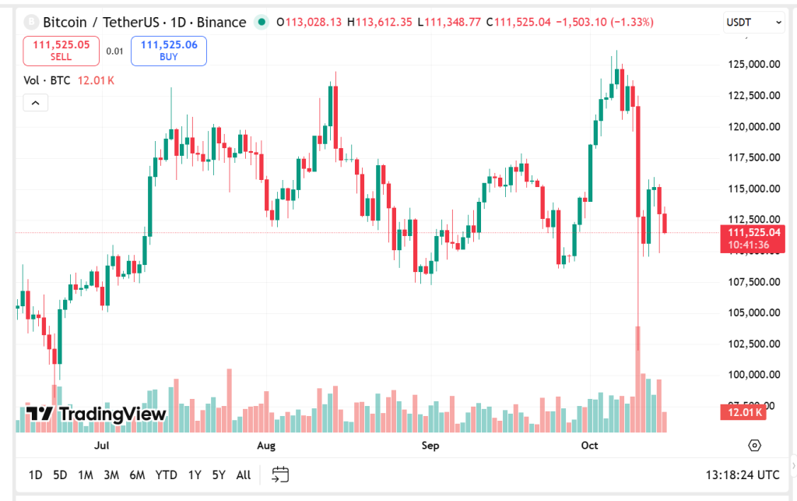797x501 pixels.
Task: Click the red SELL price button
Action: pos(61,51)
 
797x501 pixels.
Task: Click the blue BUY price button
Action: pos(169,51)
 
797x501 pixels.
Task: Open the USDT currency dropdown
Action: pos(753,23)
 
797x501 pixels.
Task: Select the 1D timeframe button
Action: pos(36,475)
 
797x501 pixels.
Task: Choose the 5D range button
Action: pos(60,475)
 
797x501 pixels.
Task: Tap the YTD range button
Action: pos(166,475)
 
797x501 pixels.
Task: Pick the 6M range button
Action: pos(137,475)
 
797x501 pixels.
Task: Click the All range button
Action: pos(244,475)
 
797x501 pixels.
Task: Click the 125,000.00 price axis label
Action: pos(753,64)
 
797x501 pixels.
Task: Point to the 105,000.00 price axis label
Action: pos(753,312)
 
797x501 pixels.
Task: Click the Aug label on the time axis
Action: pos(266,446)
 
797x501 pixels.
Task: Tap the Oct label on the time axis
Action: pos(589,446)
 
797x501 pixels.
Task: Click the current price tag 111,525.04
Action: pos(753,232)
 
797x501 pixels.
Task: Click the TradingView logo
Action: pos(96,414)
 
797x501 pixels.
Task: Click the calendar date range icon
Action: pos(281,475)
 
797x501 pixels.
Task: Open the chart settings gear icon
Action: pos(753,446)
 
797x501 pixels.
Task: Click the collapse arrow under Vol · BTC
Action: pos(36,102)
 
